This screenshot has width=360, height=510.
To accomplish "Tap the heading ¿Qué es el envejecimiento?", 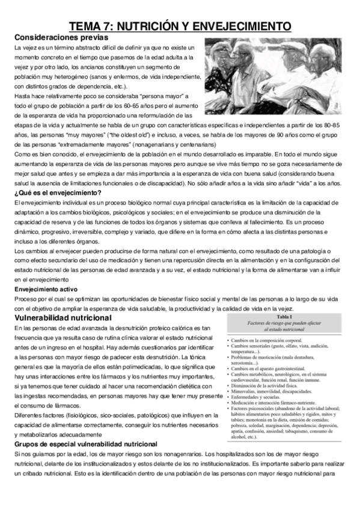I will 57,192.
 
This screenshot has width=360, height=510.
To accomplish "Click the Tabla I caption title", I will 285,316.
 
